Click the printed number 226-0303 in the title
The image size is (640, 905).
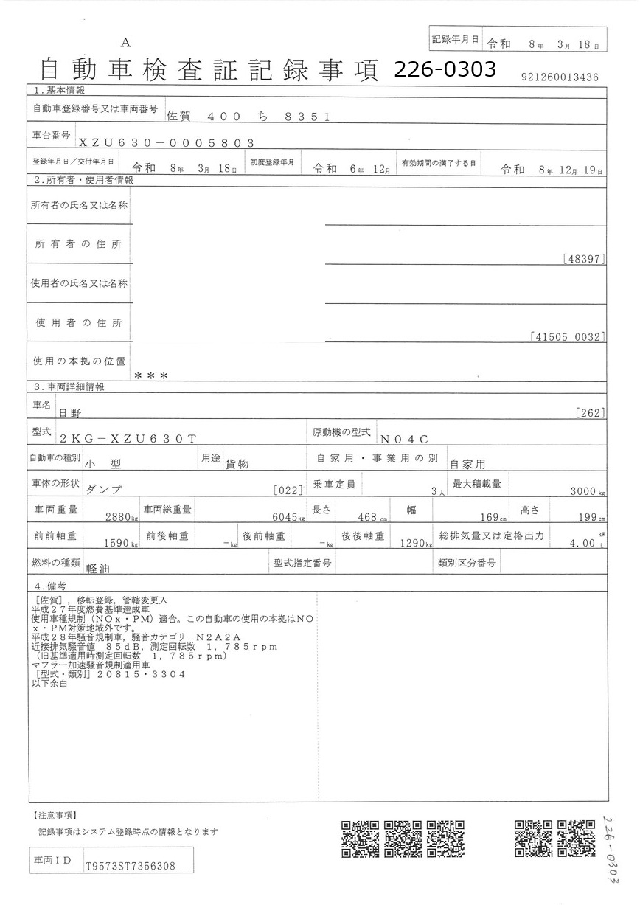point(444,69)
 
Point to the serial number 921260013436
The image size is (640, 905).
point(560,77)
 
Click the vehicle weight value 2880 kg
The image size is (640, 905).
point(122,518)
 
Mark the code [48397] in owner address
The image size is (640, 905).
point(582,259)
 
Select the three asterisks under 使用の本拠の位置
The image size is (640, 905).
point(151,375)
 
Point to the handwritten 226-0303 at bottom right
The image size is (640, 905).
point(609,848)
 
